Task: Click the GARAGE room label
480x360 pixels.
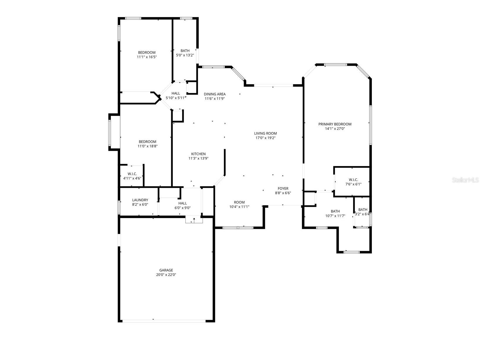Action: click(166, 270)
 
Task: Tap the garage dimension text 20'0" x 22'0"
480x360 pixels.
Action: click(166, 275)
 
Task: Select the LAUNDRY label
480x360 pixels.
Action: click(140, 200)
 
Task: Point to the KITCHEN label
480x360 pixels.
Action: click(198, 154)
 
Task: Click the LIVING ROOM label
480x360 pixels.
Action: click(265, 133)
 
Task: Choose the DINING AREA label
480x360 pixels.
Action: click(215, 94)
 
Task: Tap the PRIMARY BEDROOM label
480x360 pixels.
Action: click(335, 124)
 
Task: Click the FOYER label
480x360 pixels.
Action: click(283, 188)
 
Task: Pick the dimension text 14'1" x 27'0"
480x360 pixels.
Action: click(335, 129)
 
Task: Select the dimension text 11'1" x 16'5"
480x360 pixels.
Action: click(147, 57)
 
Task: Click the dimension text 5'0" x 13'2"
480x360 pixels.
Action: click(185, 55)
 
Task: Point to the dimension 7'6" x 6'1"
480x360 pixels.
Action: click(353, 184)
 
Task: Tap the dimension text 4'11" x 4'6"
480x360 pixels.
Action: click(132, 178)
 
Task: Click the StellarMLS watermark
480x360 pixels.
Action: click(465, 180)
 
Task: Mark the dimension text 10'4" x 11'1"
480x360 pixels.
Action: click(239, 207)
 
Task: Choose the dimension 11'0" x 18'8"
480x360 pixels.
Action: click(147, 146)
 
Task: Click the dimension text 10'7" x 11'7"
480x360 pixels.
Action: click(335, 216)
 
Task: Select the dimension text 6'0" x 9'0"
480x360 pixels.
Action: click(182, 208)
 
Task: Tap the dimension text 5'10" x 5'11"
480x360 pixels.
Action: click(176, 98)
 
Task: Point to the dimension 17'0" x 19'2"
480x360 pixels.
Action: click(265, 138)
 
